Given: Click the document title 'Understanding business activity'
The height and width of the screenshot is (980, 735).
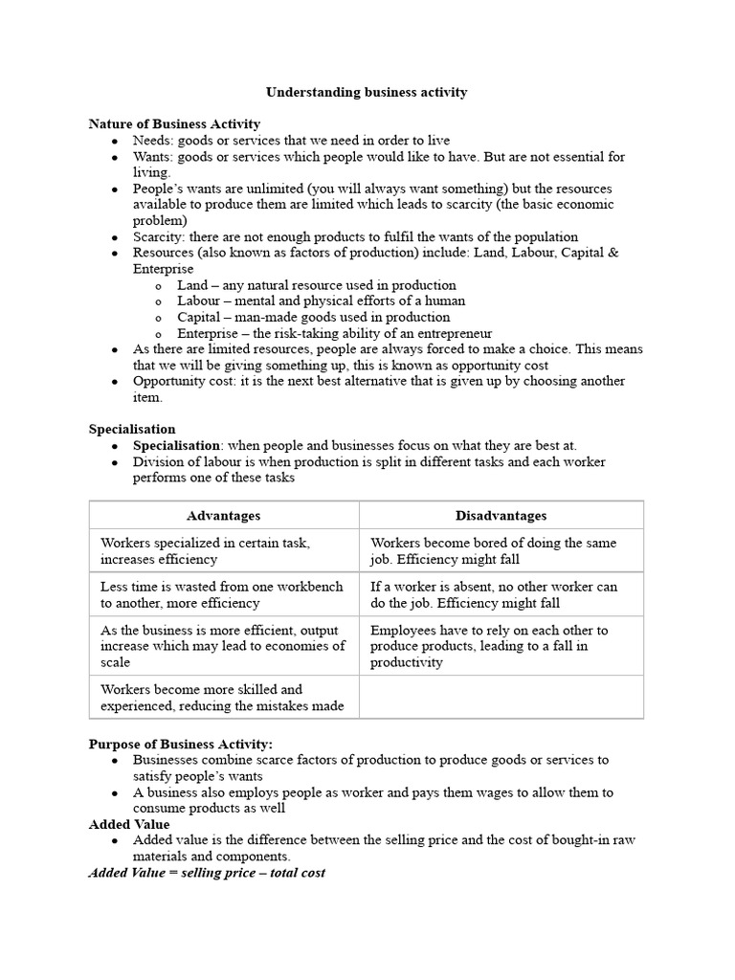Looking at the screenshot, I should click(367, 92).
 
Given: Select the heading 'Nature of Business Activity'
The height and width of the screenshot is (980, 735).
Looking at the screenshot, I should click(174, 124).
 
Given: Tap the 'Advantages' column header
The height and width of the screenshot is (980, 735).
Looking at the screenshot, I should click(223, 515).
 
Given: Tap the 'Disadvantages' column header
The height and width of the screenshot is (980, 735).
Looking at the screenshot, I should click(501, 515).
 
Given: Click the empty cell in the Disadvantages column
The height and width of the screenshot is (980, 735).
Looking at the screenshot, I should click(501, 697).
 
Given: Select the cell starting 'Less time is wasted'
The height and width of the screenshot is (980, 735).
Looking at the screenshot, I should click(223, 594).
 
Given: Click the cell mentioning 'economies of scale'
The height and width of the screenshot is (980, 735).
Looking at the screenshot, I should click(223, 646).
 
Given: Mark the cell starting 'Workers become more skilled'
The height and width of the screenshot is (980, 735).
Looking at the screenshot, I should click(223, 697).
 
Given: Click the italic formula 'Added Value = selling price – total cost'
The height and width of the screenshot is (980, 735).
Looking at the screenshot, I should click(207, 873).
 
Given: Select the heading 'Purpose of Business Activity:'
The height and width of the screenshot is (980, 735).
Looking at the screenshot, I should click(181, 744).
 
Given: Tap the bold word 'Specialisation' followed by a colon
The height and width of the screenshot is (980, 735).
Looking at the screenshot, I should click(176, 446).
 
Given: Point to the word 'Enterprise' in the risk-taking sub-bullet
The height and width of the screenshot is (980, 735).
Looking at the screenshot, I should click(208, 334).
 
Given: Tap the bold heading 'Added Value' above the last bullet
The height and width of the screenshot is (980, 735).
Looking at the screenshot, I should click(129, 824).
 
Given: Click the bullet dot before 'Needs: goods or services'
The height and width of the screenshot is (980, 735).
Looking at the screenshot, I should click(115, 141).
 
